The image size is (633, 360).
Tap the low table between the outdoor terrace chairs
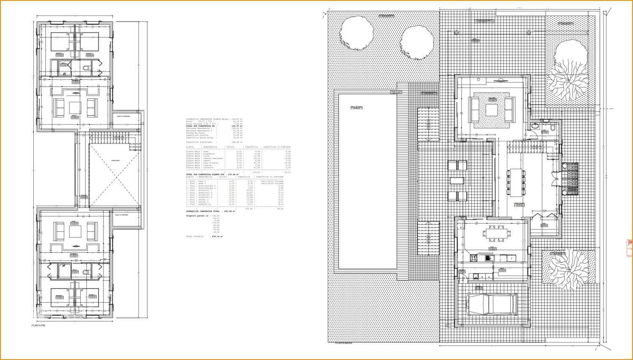(456, 181)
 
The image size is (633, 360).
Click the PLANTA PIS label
(38, 326)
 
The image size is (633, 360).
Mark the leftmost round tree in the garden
(357, 30)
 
